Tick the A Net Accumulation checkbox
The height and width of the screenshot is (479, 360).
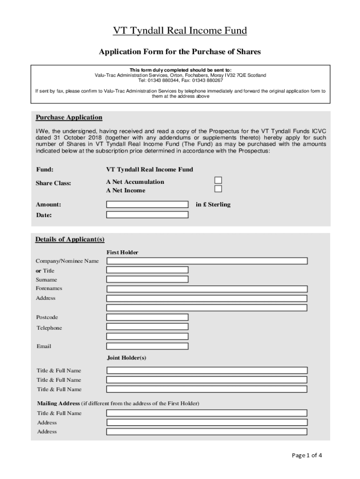(x=218, y=181)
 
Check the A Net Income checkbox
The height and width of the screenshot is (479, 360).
(x=218, y=189)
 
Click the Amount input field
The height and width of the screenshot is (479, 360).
(x=147, y=204)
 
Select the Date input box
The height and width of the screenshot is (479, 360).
(x=147, y=215)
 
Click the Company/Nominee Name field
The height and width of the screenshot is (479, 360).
(x=207, y=261)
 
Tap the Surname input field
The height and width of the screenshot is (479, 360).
(x=147, y=279)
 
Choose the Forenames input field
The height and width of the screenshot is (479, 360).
(x=207, y=289)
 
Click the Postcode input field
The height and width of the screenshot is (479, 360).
(x=147, y=317)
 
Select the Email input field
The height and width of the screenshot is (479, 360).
(x=147, y=346)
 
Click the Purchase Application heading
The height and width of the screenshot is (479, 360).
(x=69, y=117)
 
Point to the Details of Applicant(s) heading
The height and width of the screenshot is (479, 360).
(x=70, y=239)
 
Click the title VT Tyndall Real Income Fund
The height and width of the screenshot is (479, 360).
(x=180, y=31)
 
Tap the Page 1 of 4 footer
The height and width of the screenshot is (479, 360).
(x=307, y=455)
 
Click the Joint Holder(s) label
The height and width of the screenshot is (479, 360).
(x=127, y=358)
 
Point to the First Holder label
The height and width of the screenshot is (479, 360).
(x=122, y=253)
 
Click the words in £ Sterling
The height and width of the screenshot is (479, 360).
(x=213, y=204)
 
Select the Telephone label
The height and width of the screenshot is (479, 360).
(x=49, y=328)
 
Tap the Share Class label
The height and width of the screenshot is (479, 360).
(x=53, y=183)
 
